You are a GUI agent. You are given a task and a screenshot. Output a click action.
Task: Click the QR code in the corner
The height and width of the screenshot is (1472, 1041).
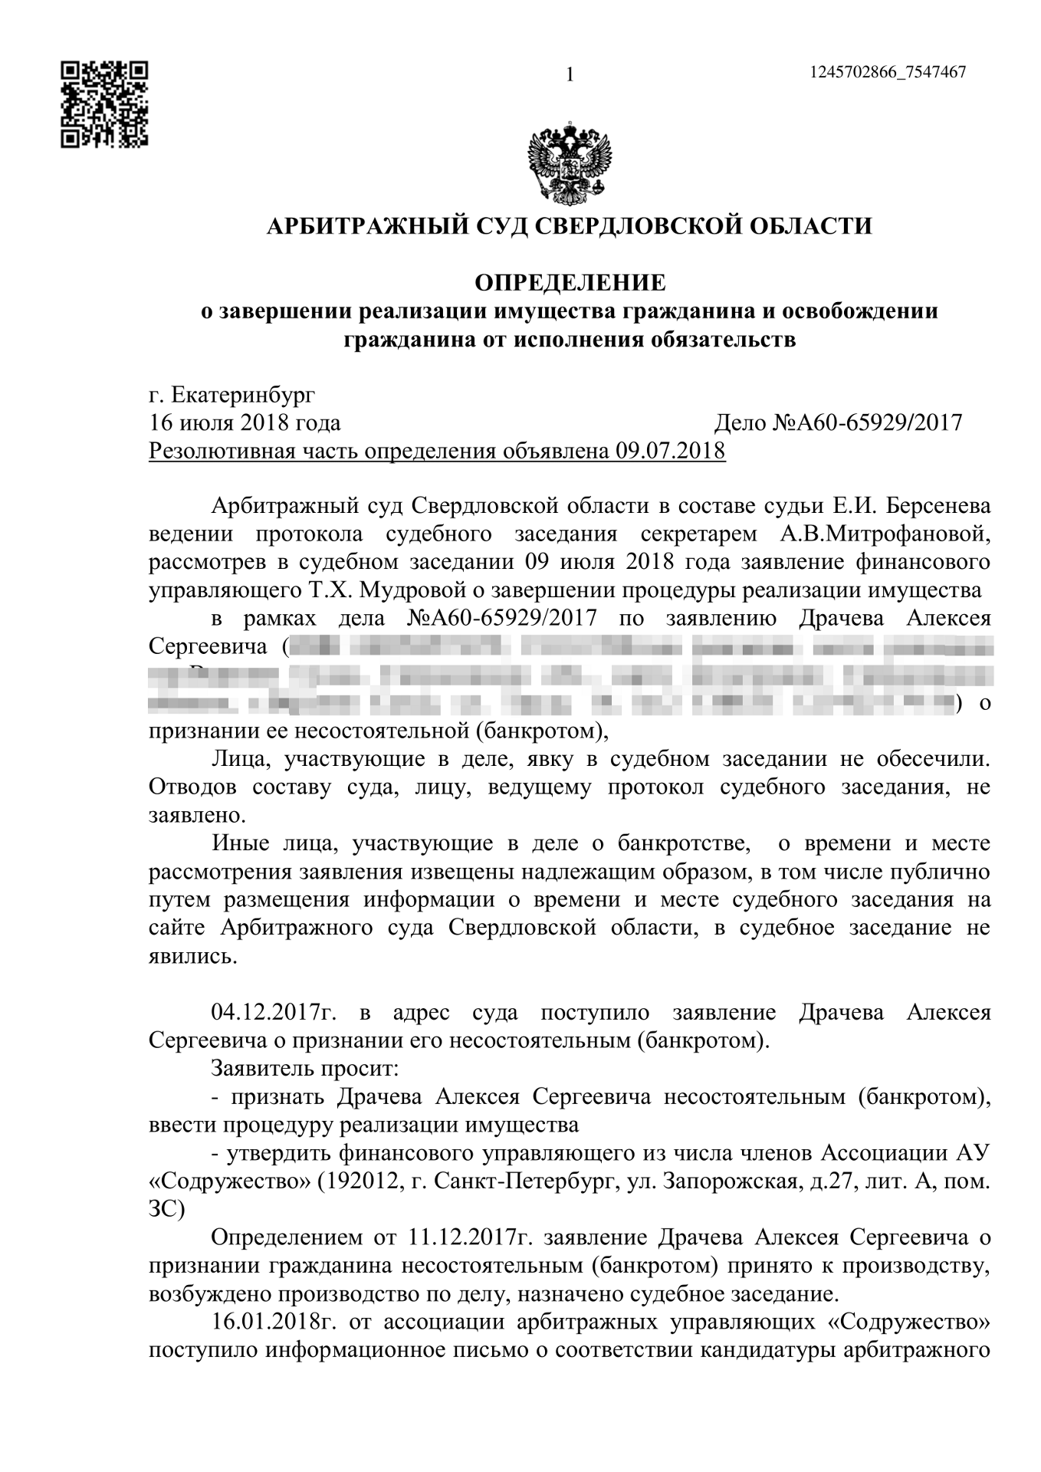(x=104, y=104)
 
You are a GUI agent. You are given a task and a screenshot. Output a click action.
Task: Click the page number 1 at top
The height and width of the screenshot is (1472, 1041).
(x=570, y=74)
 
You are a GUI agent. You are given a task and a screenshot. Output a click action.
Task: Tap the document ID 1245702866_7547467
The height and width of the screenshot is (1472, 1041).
(x=887, y=72)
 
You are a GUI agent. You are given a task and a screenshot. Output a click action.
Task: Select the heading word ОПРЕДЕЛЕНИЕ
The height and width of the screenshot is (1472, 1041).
(x=570, y=283)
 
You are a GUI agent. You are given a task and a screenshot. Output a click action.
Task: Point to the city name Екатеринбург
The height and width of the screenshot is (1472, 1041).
(x=243, y=395)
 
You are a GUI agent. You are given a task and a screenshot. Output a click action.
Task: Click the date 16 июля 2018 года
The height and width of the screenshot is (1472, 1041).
(x=245, y=422)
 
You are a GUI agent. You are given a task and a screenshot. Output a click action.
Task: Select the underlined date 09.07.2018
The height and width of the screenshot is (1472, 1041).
(x=670, y=450)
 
